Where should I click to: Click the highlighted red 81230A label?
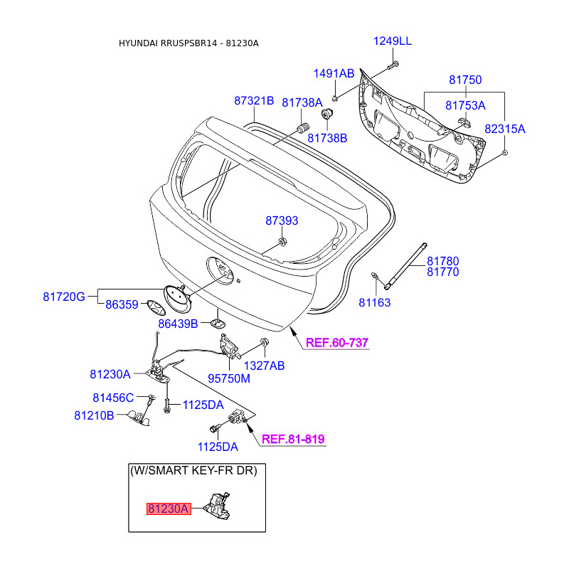coord(169,509)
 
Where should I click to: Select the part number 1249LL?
coord(393,41)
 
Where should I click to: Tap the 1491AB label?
coord(334,73)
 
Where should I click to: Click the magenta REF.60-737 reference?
coord(337,343)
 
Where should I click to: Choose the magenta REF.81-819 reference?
coord(293,439)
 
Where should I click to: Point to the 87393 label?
coord(282,220)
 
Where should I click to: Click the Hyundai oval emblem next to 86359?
coord(156,308)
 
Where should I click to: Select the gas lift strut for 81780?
coord(405,266)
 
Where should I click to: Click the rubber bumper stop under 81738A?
coord(304,128)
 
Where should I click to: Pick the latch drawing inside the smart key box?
coord(218,506)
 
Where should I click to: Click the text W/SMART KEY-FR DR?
coord(193,471)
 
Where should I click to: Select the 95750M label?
coord(229,378)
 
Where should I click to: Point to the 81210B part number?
coord(94,415)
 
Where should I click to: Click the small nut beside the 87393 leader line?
coord(282,241)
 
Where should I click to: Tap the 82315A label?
coord(505,129)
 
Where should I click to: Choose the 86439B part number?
coord(178,324)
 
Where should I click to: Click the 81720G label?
coord(64,297)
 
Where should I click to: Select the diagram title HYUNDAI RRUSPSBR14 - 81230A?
coord(188,43)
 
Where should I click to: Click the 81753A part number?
coord(465,105)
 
